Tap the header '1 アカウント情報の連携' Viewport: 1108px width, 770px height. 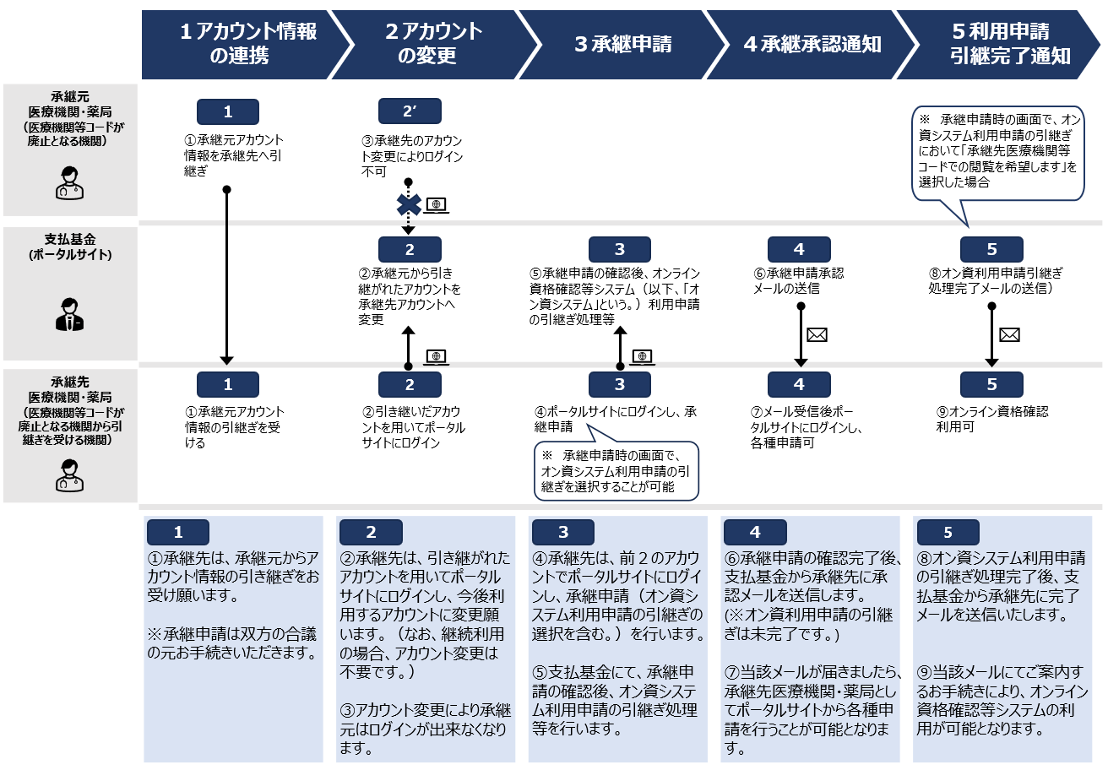pos(247,45)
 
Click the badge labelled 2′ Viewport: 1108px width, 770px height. pos(410,111)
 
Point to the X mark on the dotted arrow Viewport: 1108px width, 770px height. pos(410,204)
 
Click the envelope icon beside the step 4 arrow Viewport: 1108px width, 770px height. pos(817,335)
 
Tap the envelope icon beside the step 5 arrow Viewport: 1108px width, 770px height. pos(1008,335)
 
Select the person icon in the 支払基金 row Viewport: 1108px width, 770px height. pos(69,315)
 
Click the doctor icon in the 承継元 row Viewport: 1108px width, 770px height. pos(69,182)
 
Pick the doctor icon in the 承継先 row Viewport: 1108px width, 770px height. pos(69,474)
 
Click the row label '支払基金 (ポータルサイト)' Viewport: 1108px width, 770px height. pos(69,247)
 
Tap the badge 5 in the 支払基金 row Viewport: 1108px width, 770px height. pos(991,249)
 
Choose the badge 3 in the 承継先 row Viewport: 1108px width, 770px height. pos(620,385)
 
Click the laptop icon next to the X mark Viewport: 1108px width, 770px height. pos(436,204)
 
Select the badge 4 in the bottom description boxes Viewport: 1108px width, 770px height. pos(755,533)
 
